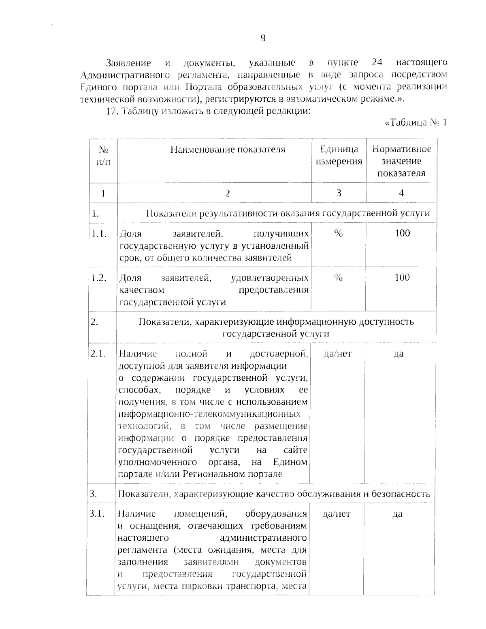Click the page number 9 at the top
click(263, 38)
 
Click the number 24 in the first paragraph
click(377, 63)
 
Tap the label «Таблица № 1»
click(416, 123)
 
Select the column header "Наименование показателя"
click(228, 150)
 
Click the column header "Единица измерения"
click(339, 156)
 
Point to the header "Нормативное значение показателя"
click(401, 161)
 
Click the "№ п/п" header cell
click(103, 156)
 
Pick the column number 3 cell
click(339, 193)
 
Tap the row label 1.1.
click(99, 234)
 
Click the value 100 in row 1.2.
click(402, 277)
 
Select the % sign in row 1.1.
click(339, 233)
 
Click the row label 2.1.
click(98, 354)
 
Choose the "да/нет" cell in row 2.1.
click(337, 354)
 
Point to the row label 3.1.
click(98, 514)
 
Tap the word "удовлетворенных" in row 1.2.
click(269, 278)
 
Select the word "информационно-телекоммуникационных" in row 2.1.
click(209, 414)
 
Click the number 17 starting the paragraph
click(111, 111)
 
